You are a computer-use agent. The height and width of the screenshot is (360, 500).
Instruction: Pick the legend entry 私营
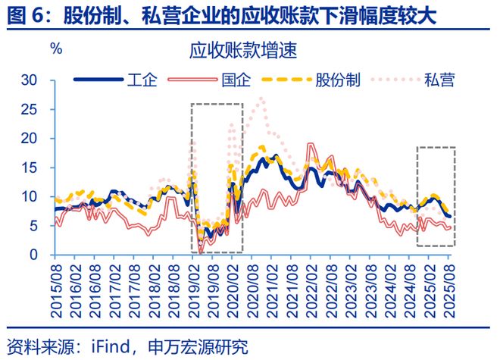click(439, 80)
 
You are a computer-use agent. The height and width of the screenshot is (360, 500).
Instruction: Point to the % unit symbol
click(56, 49)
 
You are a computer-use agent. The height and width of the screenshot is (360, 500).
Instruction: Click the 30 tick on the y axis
click(30, 80)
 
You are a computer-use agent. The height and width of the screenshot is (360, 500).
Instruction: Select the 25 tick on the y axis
click(30, 109)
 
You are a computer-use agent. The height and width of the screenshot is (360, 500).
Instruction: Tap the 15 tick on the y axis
click(30, 167)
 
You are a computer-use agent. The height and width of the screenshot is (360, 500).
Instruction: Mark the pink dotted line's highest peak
click(261, 98)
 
